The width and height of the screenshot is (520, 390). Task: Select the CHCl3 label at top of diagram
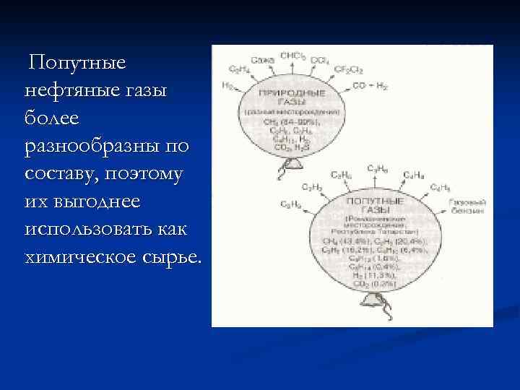pos(292,55)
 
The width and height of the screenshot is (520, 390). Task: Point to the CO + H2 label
pos(370,86)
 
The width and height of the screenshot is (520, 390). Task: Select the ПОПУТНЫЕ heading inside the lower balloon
pos(370,197)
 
